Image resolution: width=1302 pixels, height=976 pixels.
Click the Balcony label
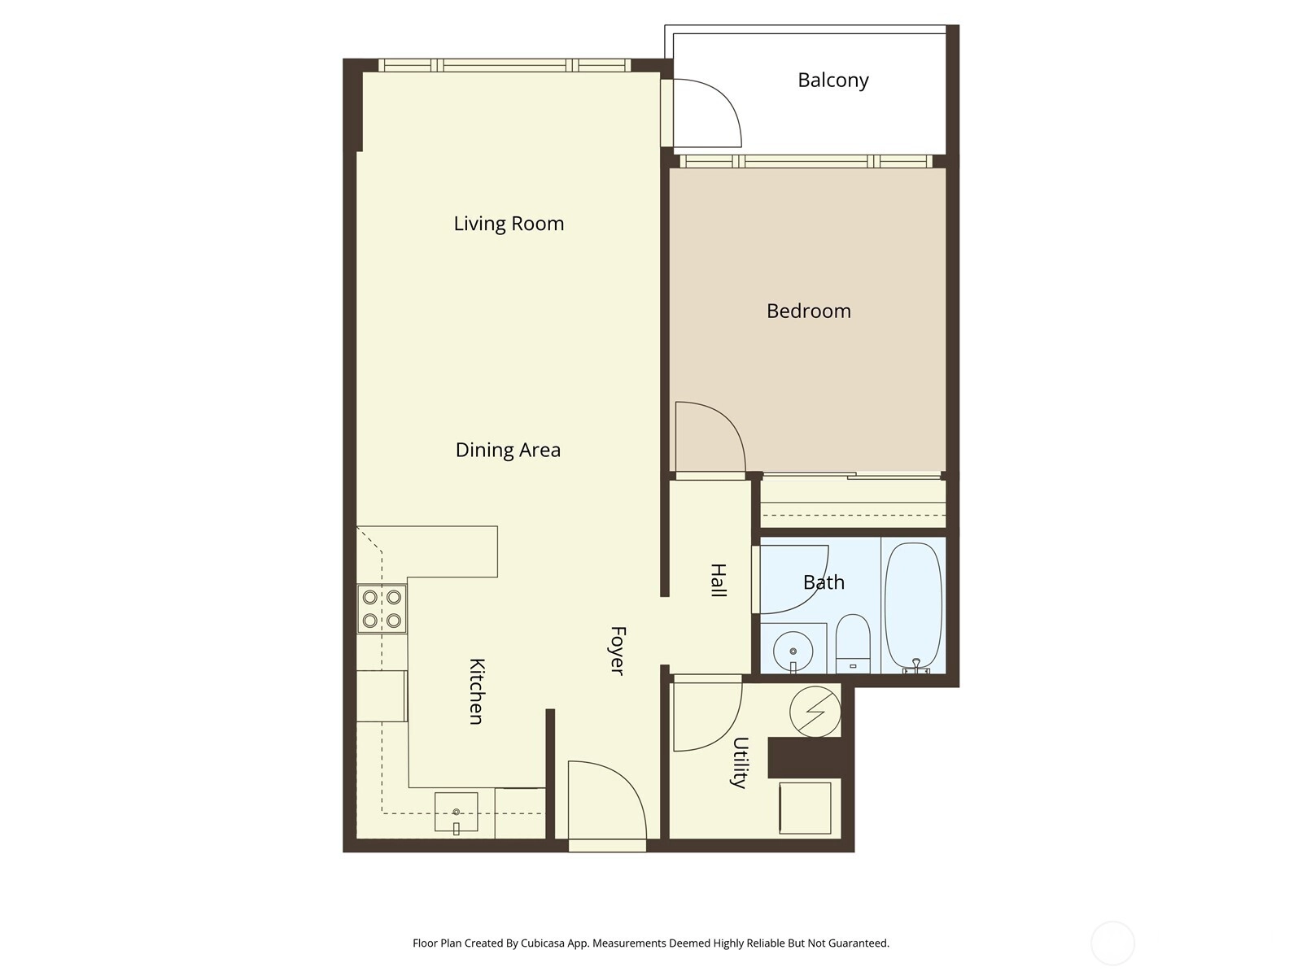(832, 80)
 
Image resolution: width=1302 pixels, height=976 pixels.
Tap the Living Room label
(509, 224)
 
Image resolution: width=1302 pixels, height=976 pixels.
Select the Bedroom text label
(809, 312)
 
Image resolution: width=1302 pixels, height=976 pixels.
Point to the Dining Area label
(508, 450)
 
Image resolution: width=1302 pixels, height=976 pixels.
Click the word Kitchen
(477, 691)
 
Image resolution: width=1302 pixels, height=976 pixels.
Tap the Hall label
(719, 580)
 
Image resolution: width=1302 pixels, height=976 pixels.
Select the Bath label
(824, 582)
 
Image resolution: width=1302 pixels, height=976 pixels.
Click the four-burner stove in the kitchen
(382, 608)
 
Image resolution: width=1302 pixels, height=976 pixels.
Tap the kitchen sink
(457, 812)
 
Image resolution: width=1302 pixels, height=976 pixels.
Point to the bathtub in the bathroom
(913, 608)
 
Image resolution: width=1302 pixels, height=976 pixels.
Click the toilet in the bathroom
(853, 643)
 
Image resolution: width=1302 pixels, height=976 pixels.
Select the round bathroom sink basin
(793, 651)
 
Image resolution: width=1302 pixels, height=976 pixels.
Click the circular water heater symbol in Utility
(815, 712)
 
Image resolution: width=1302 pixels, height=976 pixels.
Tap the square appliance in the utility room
(805, 808)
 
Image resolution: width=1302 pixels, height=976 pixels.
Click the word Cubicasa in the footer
(543, 943)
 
